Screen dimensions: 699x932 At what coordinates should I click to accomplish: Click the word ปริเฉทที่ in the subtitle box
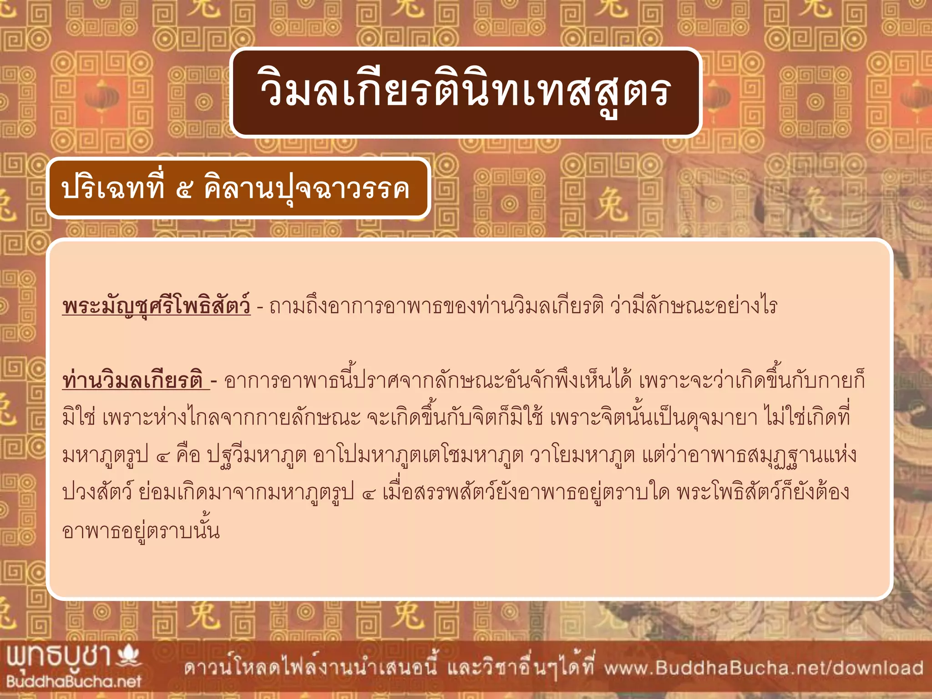pos(112,187)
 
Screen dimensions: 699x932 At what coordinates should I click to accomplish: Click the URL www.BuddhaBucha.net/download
pos(764,668)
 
